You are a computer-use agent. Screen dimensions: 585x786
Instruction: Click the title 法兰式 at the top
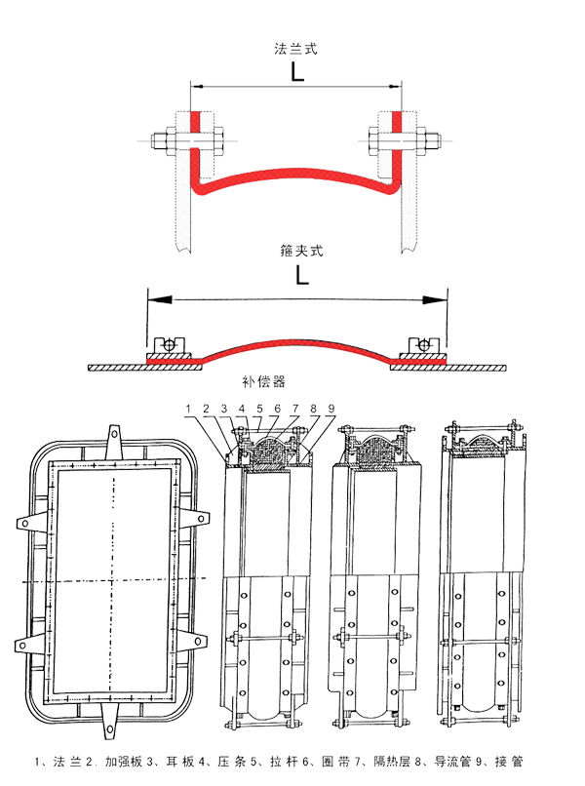click(x=295, y=49)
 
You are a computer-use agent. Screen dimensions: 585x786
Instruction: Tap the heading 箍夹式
click(x=301, y=251)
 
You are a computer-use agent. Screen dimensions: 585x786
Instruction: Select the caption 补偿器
click(x=263, y=382)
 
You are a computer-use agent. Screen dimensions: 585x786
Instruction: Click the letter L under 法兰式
click(x=297, y=72)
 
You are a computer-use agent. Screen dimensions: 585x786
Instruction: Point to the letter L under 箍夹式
click(x=302, y=275)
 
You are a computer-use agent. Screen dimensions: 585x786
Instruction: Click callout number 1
click(x=188, y=409)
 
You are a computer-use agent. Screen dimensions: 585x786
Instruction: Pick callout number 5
click(x=259, y=409)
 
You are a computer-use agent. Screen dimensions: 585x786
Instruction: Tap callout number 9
click(x=331, y=409)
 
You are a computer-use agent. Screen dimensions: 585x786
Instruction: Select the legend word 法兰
click(x=67, y=762)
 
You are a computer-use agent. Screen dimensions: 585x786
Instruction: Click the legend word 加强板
click(x=124, y=762)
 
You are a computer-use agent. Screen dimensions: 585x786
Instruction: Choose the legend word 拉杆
click(x=284, y=762)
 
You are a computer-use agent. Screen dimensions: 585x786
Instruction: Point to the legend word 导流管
click(x=452, y=762)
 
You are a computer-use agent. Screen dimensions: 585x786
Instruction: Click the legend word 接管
click(x=509, y=762)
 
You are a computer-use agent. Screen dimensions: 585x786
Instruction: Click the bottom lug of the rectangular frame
click(x=110, y=721)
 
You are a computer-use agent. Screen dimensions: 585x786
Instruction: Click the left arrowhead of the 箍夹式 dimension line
click(x=160, y=299)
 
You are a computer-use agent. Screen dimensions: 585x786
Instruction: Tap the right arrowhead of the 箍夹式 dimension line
click(x=435, y=299)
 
